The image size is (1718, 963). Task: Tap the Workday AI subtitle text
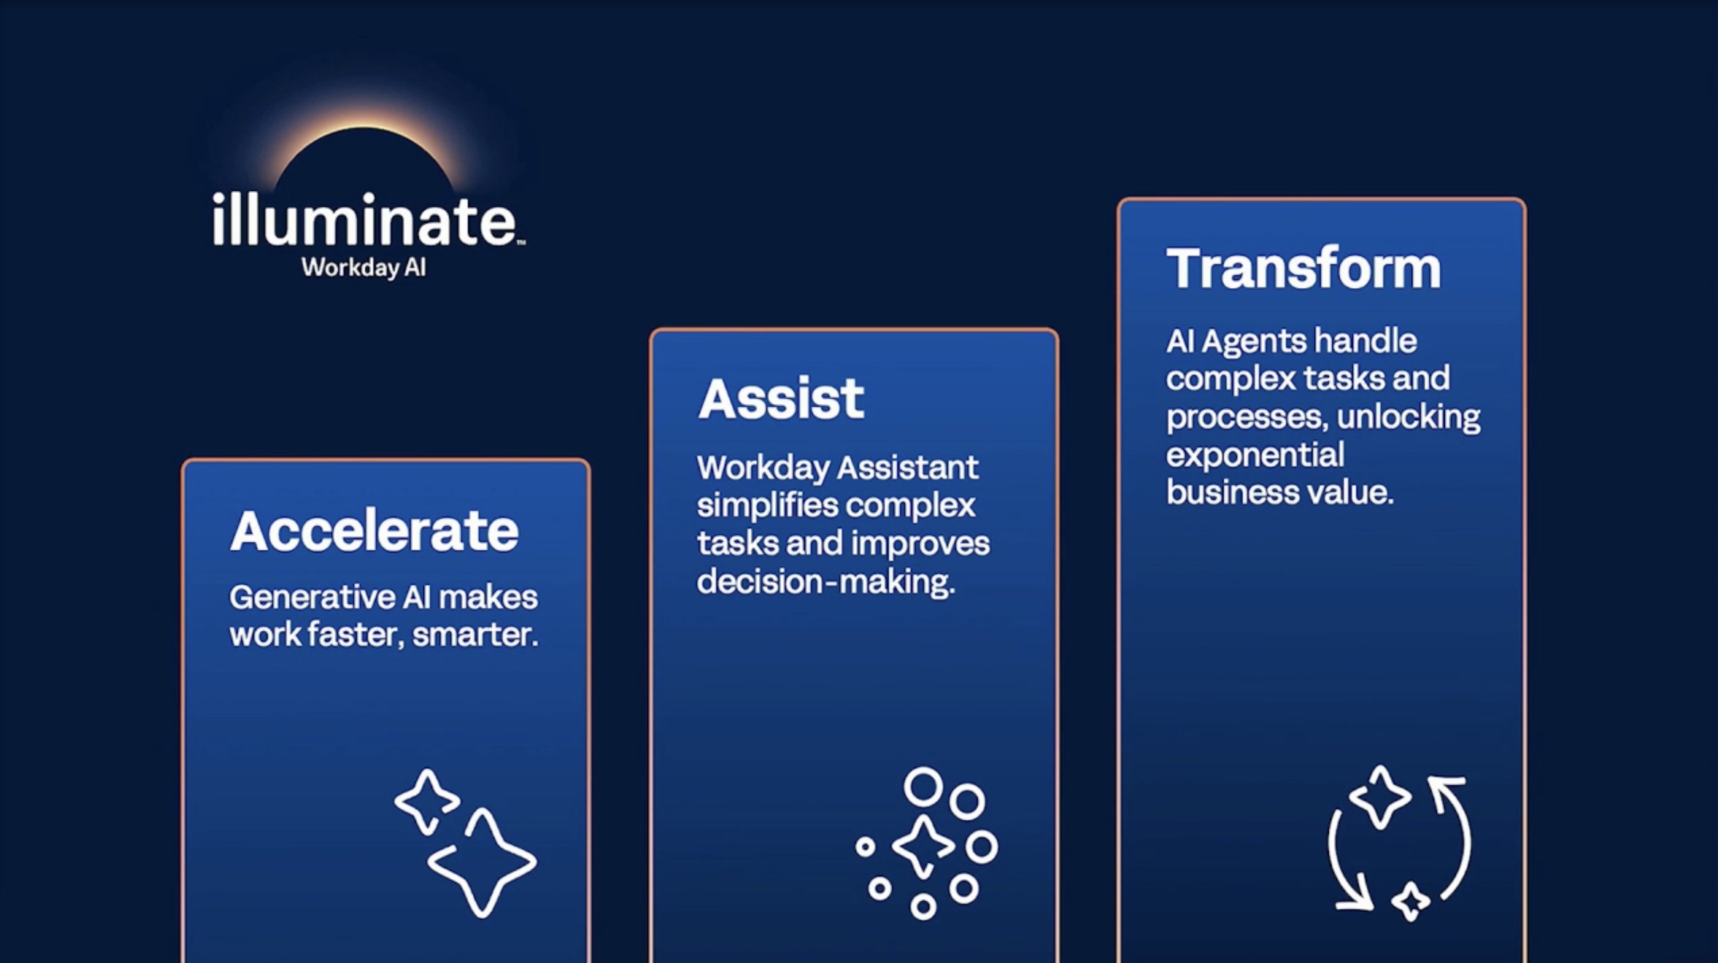coord(363,268)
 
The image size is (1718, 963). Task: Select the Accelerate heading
coord(374,531)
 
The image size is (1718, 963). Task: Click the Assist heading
coord(781,399)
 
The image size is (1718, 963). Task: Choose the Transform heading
coord(1303,268)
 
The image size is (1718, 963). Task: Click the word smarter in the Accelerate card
coord(475,635)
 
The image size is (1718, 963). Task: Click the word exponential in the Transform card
coord(1255,455)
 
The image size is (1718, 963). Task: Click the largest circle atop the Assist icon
coord(923,787)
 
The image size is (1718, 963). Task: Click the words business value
coord(1280,493)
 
